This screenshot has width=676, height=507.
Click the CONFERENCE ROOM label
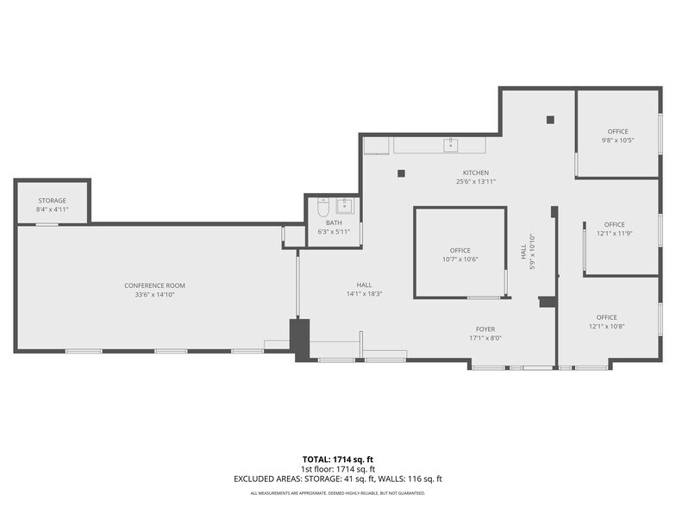pos(154,285)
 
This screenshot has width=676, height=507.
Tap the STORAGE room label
pos(51,200)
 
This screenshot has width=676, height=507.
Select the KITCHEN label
pos(475,172)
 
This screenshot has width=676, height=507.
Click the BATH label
pos(334,222)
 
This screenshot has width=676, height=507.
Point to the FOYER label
pos(485,329)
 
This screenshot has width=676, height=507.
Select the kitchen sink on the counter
pos(451,144)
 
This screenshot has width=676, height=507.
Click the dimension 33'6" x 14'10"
pos(154,295)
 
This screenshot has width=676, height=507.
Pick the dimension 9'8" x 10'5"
pos(617,141)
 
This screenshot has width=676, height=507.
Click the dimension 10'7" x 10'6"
pos(460,259)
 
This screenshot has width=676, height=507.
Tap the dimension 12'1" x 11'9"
pos(614,233)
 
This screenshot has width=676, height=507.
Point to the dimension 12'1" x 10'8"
pos(606,326)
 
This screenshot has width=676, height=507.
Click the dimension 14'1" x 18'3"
pos(364,294)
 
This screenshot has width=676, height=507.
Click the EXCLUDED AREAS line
pos(337,478)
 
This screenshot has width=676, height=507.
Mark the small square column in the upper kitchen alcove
pos(549,120)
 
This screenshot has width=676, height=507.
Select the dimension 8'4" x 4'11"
pos(51,210)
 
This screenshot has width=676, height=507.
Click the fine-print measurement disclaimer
pos(337,493)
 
